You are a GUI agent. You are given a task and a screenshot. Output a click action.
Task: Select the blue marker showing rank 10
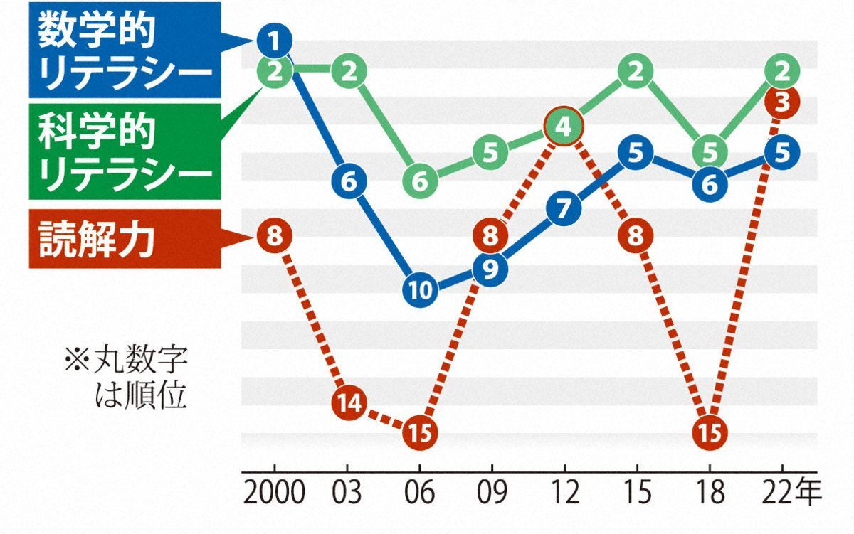(420, 289)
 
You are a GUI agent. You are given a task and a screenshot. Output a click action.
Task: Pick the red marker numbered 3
(782, 104)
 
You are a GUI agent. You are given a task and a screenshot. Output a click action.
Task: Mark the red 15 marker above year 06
(420, 432)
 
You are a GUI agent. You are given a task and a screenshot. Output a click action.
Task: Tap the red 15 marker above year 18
(710, 432)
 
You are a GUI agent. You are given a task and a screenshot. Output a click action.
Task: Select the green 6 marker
(420, 182)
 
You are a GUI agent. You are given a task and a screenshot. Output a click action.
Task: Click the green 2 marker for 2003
(348, 72)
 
